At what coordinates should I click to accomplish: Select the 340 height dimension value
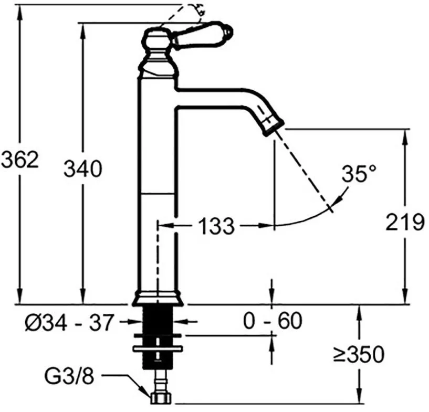[82, 168]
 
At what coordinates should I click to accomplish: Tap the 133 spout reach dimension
[216, 226]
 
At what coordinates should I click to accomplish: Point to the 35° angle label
[359, 173]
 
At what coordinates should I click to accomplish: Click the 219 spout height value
[405, 221]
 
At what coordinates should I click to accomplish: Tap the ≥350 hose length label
[359, 355]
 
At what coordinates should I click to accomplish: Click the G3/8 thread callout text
[69, 377]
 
